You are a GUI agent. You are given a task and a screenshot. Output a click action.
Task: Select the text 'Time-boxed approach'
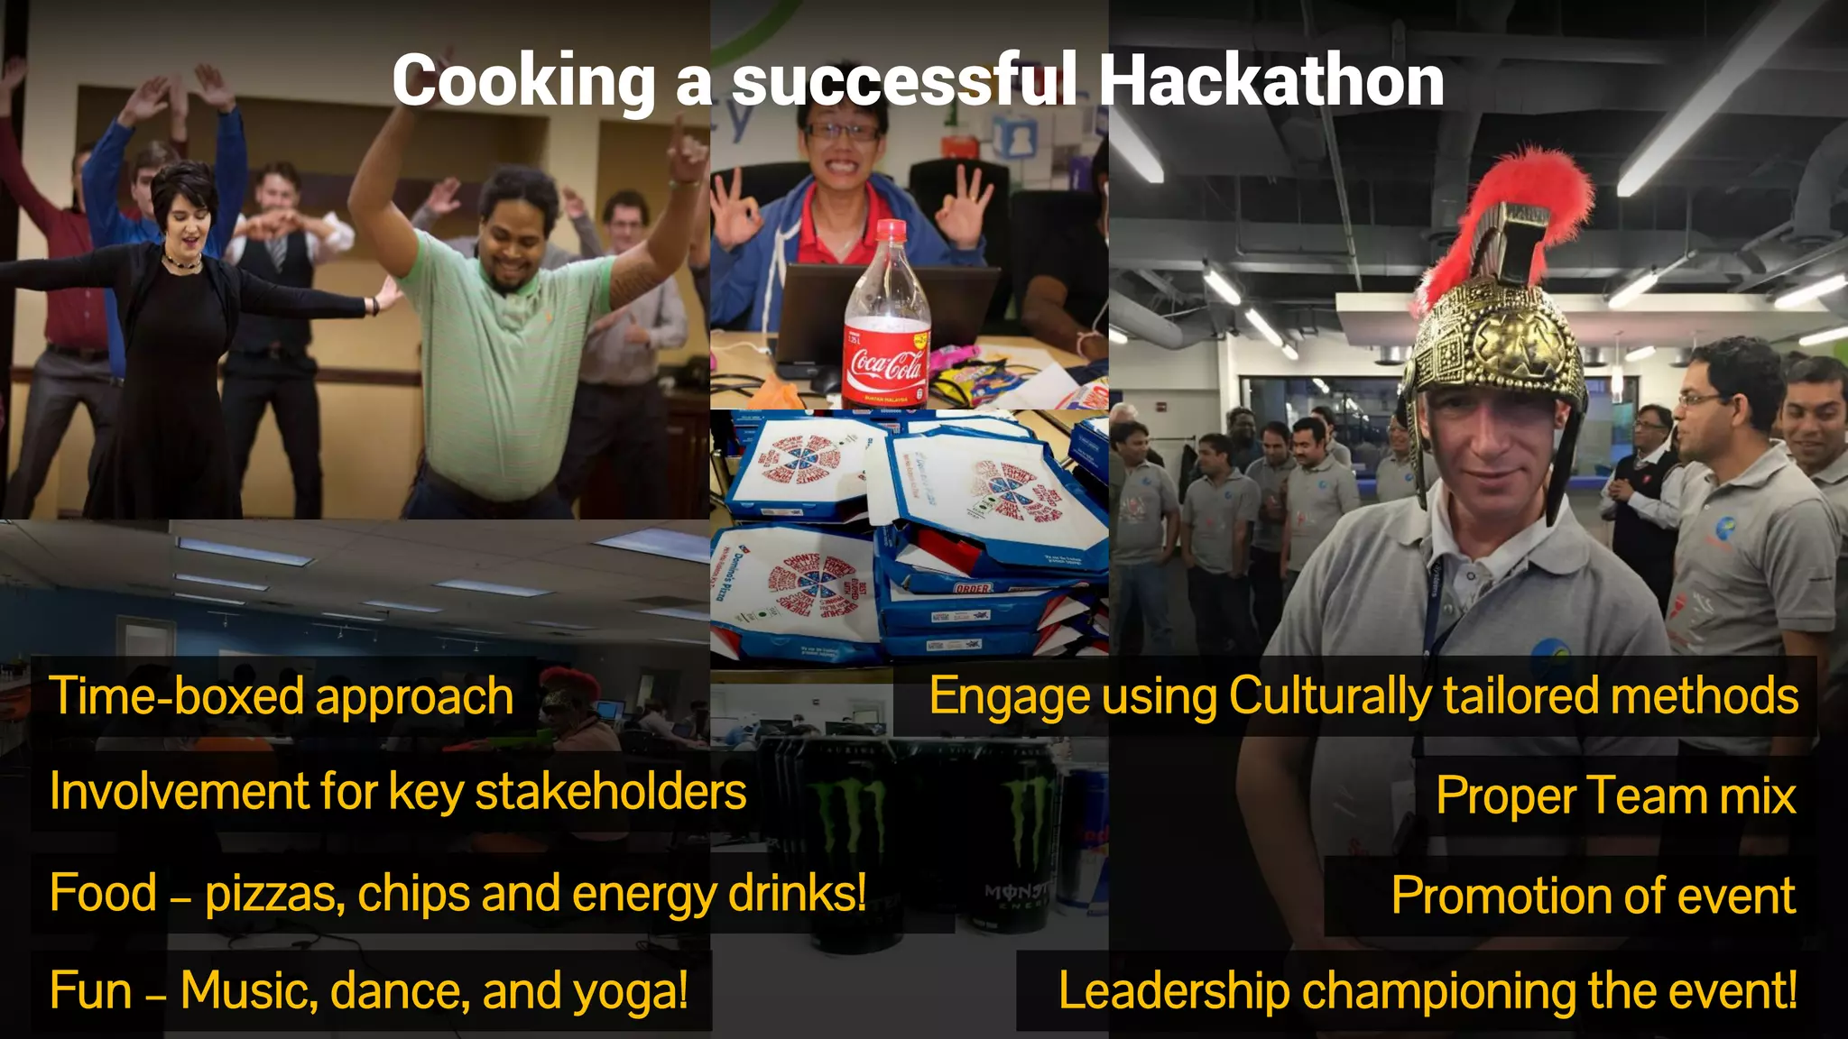[281, 697]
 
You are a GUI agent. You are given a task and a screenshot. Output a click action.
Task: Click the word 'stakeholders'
[611, 793]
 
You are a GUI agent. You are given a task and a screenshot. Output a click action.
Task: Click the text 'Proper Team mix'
[1615, 796]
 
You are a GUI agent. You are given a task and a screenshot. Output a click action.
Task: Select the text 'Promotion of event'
[1593, 896]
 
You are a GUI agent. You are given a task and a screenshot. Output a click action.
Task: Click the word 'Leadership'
[1174, 991]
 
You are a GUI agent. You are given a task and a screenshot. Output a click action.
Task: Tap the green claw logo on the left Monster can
[848, 816]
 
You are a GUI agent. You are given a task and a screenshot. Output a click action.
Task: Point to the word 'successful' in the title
[903, 81]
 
